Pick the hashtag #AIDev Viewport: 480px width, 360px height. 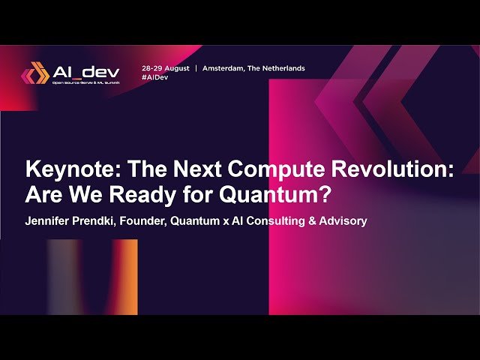point(154,77)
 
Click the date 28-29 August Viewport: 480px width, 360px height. point(166,68)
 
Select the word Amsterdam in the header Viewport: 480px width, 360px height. point(225,68)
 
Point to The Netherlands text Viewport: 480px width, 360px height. point(278,68)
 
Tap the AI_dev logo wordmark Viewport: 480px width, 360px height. point(86,71)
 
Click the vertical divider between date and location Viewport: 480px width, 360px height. point(196,68)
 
